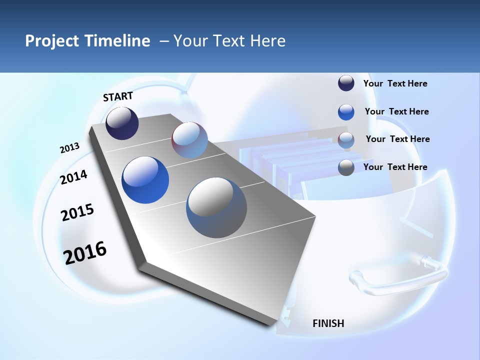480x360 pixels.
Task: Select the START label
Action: tap(118, 96)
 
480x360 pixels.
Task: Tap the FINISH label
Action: tap(328, 323)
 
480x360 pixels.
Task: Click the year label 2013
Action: tap(70, 148)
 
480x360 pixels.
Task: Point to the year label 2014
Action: tap(74, 177)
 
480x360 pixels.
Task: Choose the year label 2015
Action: tap(77, 212)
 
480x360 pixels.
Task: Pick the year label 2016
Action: tap(85, 252)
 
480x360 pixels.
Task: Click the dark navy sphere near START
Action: tap(122, 123)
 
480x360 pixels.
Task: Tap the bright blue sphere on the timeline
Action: tap(145, 180)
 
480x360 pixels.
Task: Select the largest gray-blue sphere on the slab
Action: tap(216, 207)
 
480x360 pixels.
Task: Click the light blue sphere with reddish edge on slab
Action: tap(189, 140)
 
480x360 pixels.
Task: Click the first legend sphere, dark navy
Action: tap(346, 83)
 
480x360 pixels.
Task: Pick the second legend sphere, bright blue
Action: tap(346, 112)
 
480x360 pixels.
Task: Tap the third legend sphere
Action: tap(346, 140)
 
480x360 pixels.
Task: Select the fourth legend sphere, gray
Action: tap(346, 167)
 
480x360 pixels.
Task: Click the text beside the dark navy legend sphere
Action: tap(395, 84)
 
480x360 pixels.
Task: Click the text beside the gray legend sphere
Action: tap(395, 167)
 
